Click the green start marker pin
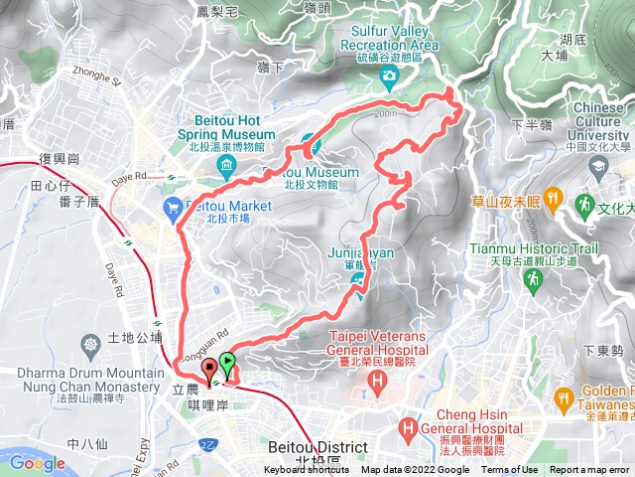228,363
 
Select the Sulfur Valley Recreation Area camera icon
391,77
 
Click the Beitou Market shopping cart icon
172,207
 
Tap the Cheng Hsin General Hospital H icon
406,429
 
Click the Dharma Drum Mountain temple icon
92,344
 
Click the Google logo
37,463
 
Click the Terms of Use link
510,470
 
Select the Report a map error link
590,470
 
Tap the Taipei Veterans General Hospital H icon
349,380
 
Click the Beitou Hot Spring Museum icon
227,164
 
